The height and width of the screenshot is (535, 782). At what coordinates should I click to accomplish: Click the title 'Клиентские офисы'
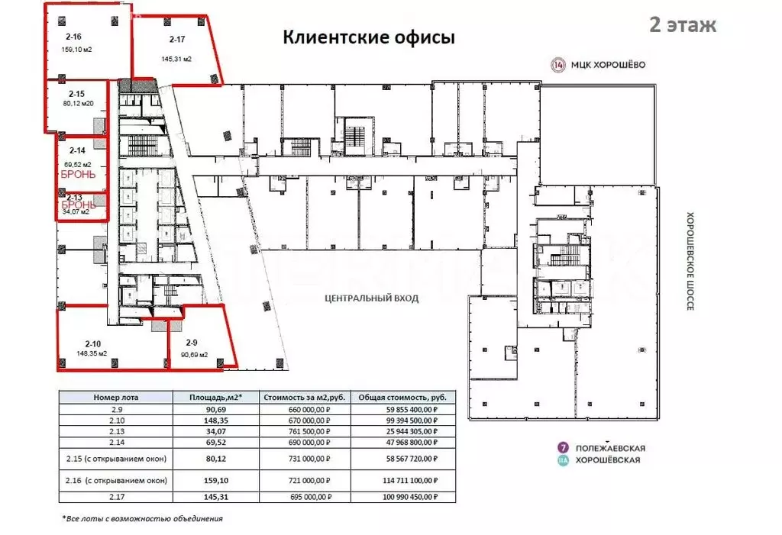pos(369,37)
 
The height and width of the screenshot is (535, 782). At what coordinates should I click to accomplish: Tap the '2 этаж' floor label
pos(682,24)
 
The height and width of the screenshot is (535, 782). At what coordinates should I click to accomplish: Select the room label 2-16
pos(74,37)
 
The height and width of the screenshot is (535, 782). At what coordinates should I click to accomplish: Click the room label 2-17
pos(176,39)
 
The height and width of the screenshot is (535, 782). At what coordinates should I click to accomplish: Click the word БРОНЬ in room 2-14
pos(78,174)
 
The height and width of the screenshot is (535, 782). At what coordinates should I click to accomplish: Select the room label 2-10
pos(93,343)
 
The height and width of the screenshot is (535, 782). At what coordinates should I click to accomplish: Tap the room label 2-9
pos(192,343)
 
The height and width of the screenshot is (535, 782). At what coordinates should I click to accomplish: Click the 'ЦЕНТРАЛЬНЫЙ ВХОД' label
pos(371,298)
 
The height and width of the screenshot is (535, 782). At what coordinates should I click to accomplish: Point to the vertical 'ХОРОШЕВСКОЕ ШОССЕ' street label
pos(689,260)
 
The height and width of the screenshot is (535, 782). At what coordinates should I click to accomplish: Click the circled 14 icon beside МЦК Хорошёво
pos(558,65)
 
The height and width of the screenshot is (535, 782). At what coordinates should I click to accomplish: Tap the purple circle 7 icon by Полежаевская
pos(563,447)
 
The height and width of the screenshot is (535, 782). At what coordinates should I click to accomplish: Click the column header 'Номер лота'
pos(116,398)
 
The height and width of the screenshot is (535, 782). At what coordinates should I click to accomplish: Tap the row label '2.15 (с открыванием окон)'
pos(116,458)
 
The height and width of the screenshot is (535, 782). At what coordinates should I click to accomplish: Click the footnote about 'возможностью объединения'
pos(142,519)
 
